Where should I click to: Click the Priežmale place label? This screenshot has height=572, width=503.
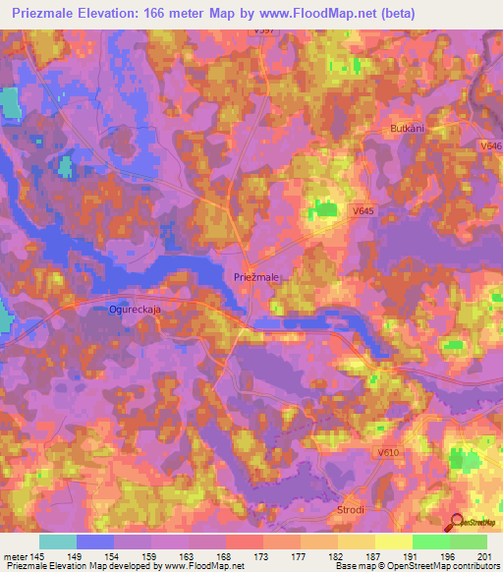click(256, 278)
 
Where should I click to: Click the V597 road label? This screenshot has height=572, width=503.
click(261, 30)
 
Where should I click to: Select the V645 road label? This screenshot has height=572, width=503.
click(364, 209)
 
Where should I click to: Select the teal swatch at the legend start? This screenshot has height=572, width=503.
click(57, 542)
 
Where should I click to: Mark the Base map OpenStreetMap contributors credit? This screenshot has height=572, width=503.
click(416, 566)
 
